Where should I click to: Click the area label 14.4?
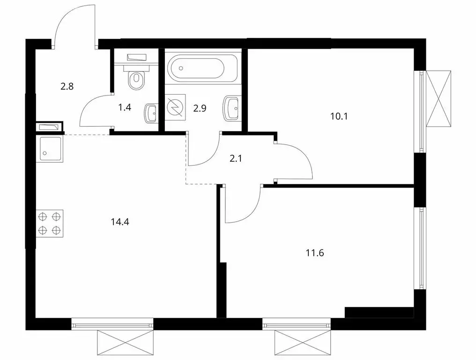pos(120,222)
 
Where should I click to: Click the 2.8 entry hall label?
pos(67,86)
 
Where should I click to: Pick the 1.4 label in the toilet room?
pos(124,107)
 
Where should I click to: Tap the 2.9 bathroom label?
pos(199,107)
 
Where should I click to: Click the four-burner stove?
pos(50,223)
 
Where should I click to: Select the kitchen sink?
pos(50,149)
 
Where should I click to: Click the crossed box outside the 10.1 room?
pos(440,99)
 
